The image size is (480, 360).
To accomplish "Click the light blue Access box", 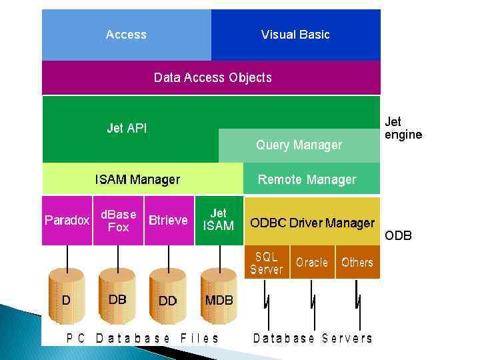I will click(x=127, y=35).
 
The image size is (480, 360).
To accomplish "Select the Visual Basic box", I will click(x=295, y=35).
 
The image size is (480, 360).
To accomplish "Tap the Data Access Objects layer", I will click(x=212, y=77).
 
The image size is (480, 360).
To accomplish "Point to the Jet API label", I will click(x=127, y=128).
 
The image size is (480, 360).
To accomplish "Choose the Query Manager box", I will click(x=299, y=145).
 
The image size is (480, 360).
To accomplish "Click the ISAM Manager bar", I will click(x=137, y=179).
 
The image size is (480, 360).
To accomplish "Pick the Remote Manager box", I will click(x=307, y=179).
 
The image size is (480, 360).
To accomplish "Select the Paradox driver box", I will click(x=67, y=220).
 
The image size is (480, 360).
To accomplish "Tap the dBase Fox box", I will click(x=118, y=220).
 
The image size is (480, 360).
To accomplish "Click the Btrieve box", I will click(x=168, y=220).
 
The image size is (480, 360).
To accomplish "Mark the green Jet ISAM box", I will click(x=218, y=220).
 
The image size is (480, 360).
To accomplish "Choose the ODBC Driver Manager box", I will click(x=312, y=222).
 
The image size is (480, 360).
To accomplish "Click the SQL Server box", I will click(x=267, y=262).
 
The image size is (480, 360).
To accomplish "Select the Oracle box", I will click(x=312, y=262).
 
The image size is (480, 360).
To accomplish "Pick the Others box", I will click(x=357, y=262).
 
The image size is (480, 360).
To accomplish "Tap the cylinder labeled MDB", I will click(x=219, y=300).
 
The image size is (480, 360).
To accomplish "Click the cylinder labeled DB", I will click(x=117, y=300).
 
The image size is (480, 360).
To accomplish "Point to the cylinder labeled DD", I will click(x=168, y=300).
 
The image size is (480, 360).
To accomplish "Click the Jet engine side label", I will click(x=403, y=128).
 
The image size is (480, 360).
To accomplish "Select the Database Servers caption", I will click(x=313, y=338).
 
